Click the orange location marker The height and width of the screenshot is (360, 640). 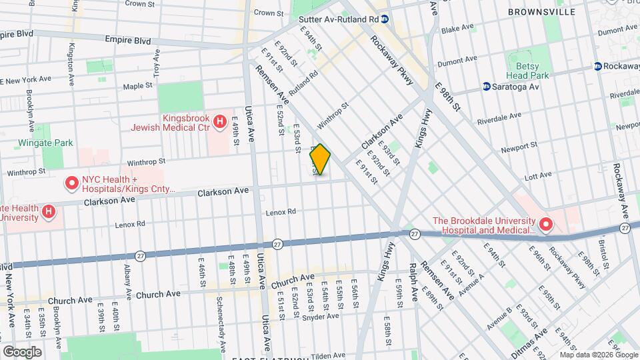pos(320,159)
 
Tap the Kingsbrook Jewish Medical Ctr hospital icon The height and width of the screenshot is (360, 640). pos(219,121)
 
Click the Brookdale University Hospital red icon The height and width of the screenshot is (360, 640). pos(546,225)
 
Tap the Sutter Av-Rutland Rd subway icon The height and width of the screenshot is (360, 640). pos(385,19)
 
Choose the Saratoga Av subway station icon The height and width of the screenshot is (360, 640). pos(486,86)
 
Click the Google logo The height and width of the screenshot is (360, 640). pos(22,351)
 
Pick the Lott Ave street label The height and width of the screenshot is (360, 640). pos(539,175)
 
